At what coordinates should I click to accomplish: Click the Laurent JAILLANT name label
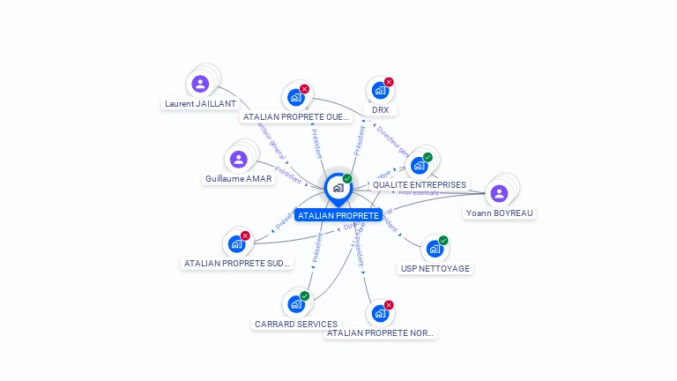(200, 103)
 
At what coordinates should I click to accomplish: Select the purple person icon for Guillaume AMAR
(238, 160)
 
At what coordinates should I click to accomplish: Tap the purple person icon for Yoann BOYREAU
(499, 194)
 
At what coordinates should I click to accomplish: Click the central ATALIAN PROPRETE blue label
(338, 215)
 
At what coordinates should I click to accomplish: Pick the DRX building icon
(380, 90)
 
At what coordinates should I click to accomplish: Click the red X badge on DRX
(389, 82)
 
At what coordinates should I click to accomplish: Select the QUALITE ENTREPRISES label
(420, 185)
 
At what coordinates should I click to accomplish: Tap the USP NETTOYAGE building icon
(435, 249)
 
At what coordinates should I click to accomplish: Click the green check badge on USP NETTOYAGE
(443, 241)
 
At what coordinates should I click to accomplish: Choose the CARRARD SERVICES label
(296, 324)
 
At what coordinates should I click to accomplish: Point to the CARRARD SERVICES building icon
(296, 304)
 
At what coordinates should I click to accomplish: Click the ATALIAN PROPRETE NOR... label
(381, 332)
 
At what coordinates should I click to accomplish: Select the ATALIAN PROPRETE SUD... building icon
(236, 244)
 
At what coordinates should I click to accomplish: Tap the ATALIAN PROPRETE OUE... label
(295, 116)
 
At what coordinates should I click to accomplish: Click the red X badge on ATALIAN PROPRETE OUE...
(304, 89)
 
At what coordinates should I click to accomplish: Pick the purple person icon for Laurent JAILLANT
(200, 84)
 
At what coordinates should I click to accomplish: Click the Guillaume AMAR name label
(238, 178)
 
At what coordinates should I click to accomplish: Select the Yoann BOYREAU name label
(500, 213)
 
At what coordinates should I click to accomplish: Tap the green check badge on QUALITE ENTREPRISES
(428, 158)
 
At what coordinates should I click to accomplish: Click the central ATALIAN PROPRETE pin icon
(338, 187)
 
